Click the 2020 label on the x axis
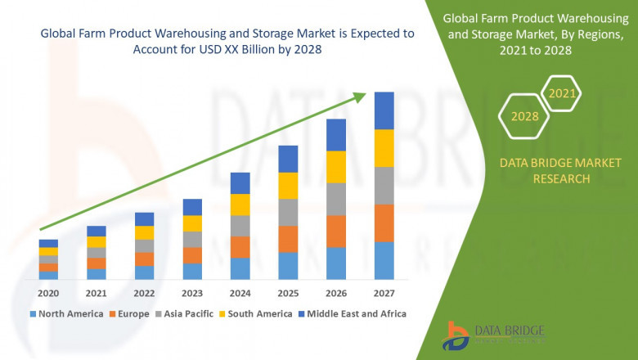[x=48, y=293]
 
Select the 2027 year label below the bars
[x=384, y=293]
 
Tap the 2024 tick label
[x=240, y=293]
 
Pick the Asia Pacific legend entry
[x=186, y=313]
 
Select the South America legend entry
[x=258, y=313]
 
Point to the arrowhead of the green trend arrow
[x=360, y=97]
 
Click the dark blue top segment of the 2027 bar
[x=384, y=110]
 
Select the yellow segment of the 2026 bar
[x=336, y=167]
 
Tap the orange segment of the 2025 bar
[x=288, y=239]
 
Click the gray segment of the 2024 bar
[x=240, y=226]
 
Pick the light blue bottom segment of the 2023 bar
[x=192, y=272]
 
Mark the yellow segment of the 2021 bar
[x=97, y=242]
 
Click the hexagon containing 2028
[x=524, y=116]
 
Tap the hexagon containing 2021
[x=562, y=94]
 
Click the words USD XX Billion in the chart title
[x=246, y=48]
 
